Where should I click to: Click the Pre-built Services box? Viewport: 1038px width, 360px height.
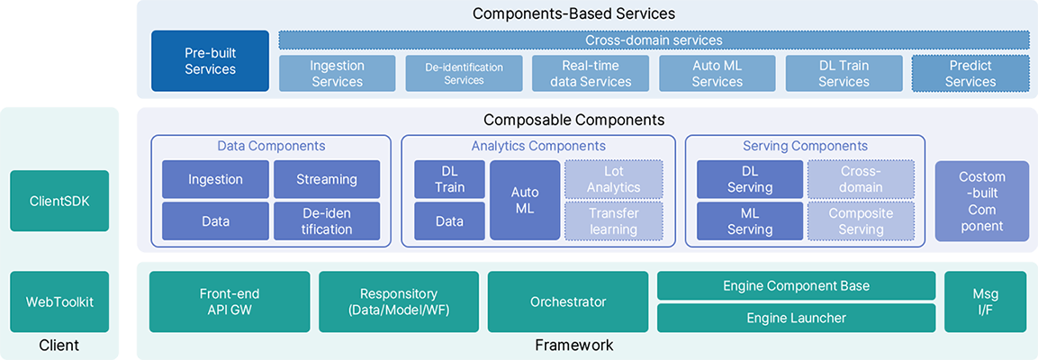[210, 60]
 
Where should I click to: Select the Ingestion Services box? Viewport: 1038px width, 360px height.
[337, 74]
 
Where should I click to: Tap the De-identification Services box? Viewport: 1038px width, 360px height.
[464, 74]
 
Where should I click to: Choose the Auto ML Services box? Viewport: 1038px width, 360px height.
[718, 74]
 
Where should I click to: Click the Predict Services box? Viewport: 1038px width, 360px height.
[971, 74]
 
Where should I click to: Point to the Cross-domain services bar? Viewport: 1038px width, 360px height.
[654, 40]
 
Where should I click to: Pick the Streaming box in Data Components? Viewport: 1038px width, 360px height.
[327, 179]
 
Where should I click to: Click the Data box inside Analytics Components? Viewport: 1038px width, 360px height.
[449, 221]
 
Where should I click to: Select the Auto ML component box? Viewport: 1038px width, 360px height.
[525, 200]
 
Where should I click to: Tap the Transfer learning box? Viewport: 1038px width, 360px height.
[614, 221]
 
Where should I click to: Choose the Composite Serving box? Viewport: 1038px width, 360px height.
[861, 221]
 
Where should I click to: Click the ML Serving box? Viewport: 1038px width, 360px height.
[750, 221]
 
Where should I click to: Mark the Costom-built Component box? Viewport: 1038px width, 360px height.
[982, 201]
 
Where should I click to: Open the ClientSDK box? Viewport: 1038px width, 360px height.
[59, 201]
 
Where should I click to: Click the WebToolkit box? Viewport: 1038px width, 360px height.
[59, 301]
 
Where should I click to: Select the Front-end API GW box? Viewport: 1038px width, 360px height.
[230, 301]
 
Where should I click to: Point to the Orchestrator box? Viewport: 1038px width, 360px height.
[568, 301]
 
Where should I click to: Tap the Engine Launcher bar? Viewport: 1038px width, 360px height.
[797, 318]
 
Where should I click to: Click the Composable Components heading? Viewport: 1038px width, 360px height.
[574, 120]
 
